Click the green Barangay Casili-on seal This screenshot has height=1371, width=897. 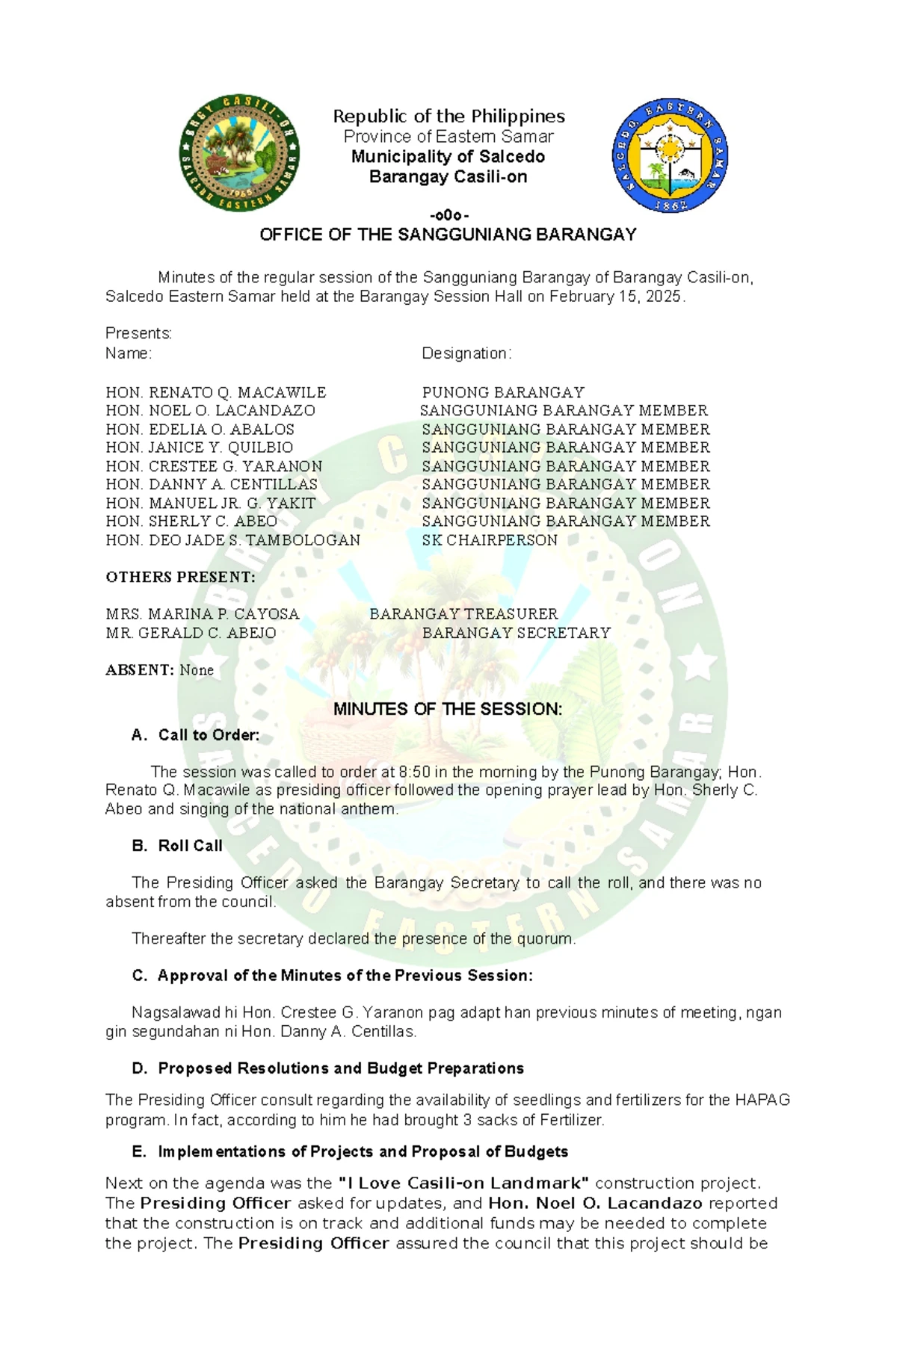pyautogui.click(x=239, y=153)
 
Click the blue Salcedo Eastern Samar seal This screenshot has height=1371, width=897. pyautogui.click(x=670, y=155)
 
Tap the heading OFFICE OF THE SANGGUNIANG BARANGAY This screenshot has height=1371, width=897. pyautogui.click(x=448, y=235)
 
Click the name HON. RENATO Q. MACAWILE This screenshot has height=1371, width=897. pyautogui.click(x=216, y=392)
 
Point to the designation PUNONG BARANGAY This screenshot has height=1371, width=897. pyautogui.click(x=502, y=392)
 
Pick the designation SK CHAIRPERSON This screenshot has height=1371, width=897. pyautogui.click(x=490, y=540)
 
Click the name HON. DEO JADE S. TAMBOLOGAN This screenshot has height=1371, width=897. pyautogui.click(x=232, y=540)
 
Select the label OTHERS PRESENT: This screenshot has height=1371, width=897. pyautogui.click(x=180, y=577)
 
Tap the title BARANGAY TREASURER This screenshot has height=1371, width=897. pyautogui.click(x=463, y=614)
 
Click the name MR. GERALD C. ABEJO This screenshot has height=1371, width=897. pyautogui.click(x=191, y=633)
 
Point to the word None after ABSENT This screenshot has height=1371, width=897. pyautogui.click(x=197, y=670)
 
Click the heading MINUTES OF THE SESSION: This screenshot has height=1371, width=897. pyautogui.click(x=448, y=709)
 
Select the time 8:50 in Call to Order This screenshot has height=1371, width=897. pyautogui.click(x=415, y=772)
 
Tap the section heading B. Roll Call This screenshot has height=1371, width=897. pyautogui.click(x=177, y=846)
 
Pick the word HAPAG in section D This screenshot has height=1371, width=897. pyautogui.click(x=762, y=1100)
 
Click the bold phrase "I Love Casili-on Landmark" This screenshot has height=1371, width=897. pyautogui.click(x=463, y=1183)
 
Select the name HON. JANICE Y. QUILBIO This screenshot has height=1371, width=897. pyautogui.click(x=199, y=448)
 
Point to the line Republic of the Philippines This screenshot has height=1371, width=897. pyautogui.click(x=449, y=117)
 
